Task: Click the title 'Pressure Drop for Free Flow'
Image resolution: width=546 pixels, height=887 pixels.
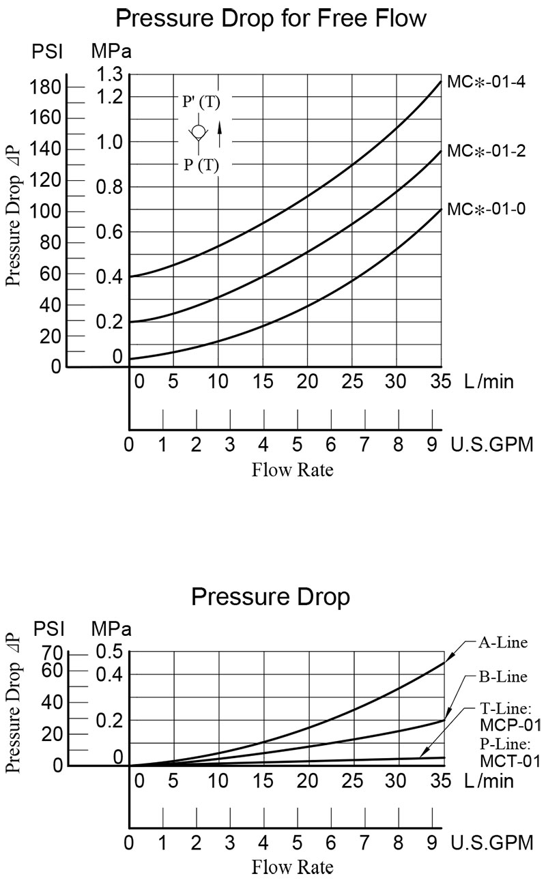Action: click(x=271, y=18)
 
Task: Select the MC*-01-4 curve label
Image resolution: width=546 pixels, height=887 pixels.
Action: click(x=486, y=83)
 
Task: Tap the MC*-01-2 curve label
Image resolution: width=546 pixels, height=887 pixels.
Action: click(x=486, y=151)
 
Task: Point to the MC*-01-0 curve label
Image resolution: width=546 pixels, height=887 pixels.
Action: click(x=486, y=209)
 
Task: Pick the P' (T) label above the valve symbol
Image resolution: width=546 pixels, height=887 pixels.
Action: click(x=201, y=102)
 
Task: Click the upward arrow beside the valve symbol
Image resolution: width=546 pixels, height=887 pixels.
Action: click(x=220, y=134)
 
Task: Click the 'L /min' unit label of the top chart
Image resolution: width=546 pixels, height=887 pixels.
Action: click(x=485, y=381)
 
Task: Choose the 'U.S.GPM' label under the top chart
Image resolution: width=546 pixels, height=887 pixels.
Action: click(x=491, y=446)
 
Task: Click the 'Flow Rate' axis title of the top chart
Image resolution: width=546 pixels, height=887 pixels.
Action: click(x=292, y=470)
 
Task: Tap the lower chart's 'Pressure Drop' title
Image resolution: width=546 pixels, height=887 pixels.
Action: click(x=270, y=596)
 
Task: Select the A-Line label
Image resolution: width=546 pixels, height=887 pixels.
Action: click(x=502, y=642)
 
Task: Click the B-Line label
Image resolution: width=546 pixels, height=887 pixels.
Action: click(x=502, y=677)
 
